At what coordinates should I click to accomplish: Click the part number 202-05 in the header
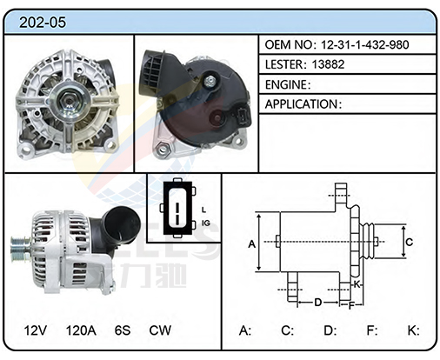[43, 23]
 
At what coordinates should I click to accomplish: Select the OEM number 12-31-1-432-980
[364, 44]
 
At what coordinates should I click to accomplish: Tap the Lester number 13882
[328, 64]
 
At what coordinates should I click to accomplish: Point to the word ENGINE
[286, 84]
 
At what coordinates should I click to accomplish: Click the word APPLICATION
[301, 104]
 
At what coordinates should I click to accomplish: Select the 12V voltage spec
[35, 330]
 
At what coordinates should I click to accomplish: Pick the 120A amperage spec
[81, 330]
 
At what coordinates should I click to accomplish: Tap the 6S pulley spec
[123, 330]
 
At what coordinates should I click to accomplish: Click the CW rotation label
[160, 330]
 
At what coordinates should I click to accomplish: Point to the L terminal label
[203, 210]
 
